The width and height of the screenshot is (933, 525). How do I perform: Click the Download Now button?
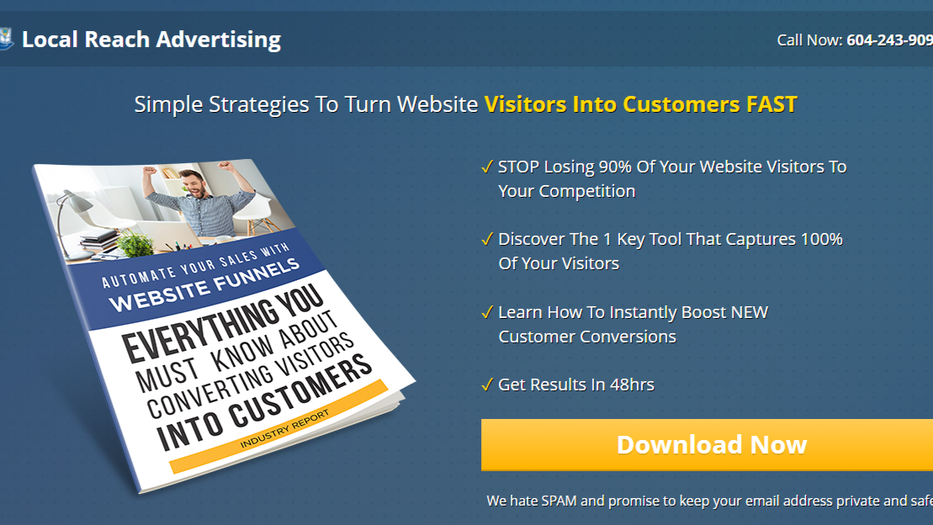pyautogui.click(x=707, y=444)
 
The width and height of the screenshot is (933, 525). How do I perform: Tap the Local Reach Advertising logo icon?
pyautogui.click(x=6, y=39)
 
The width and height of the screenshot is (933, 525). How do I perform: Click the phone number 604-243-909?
pyautogui.click(x=889, y=40)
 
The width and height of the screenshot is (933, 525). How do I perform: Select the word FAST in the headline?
pyautogui.click(x=771, y=104)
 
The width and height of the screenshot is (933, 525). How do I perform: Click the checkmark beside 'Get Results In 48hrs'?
pyautogui.click(x=487, y=384)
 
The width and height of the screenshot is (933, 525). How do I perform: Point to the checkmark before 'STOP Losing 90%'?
pyautogui.click(x=487, y=167)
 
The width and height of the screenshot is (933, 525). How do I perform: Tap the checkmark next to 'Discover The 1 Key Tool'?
pyautogui.click(x=487, y=239)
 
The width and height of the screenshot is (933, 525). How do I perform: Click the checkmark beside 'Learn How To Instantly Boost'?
pyautogui.click(x=487, y=312)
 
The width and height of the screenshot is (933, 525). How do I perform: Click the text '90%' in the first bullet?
pyautogui.click(x=615, y=167)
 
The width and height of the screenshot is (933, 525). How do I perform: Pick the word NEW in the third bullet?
pyautogui.click(x=750, y=312)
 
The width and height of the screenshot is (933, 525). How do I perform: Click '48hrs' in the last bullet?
pyautogui.click(x=632, y=384)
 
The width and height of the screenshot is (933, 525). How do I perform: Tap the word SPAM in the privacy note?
pyautogui.click(x=559, y=501)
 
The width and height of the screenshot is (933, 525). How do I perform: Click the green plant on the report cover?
pyautogui.click(x=135, y=244)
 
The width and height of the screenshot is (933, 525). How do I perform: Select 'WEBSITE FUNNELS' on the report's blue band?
pyautogui.click(x=204, y=285)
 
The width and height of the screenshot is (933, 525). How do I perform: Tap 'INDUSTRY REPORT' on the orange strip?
pyautogui.click(x=284, y=429)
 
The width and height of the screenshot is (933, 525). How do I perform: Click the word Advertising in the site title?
pyautogui.click(x=219, y=40)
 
